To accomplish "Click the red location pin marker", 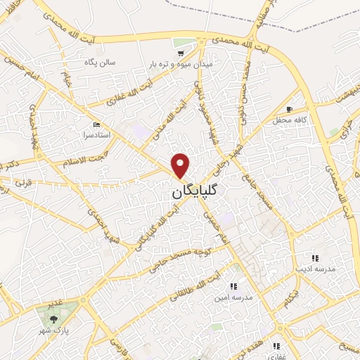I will (x=181, y=165).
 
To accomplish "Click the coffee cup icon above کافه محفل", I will (x=290, y=110).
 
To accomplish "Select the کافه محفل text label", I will (x=288, y=121).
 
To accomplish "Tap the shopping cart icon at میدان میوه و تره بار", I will (x=181, y=53).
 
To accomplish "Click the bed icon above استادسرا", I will (x=107, y=124).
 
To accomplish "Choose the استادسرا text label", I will (x=107, y=134).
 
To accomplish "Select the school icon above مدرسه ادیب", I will (x=315, y=258).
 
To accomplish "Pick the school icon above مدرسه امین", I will (x=233, y=286).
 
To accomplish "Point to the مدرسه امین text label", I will (x=233, y=297).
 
